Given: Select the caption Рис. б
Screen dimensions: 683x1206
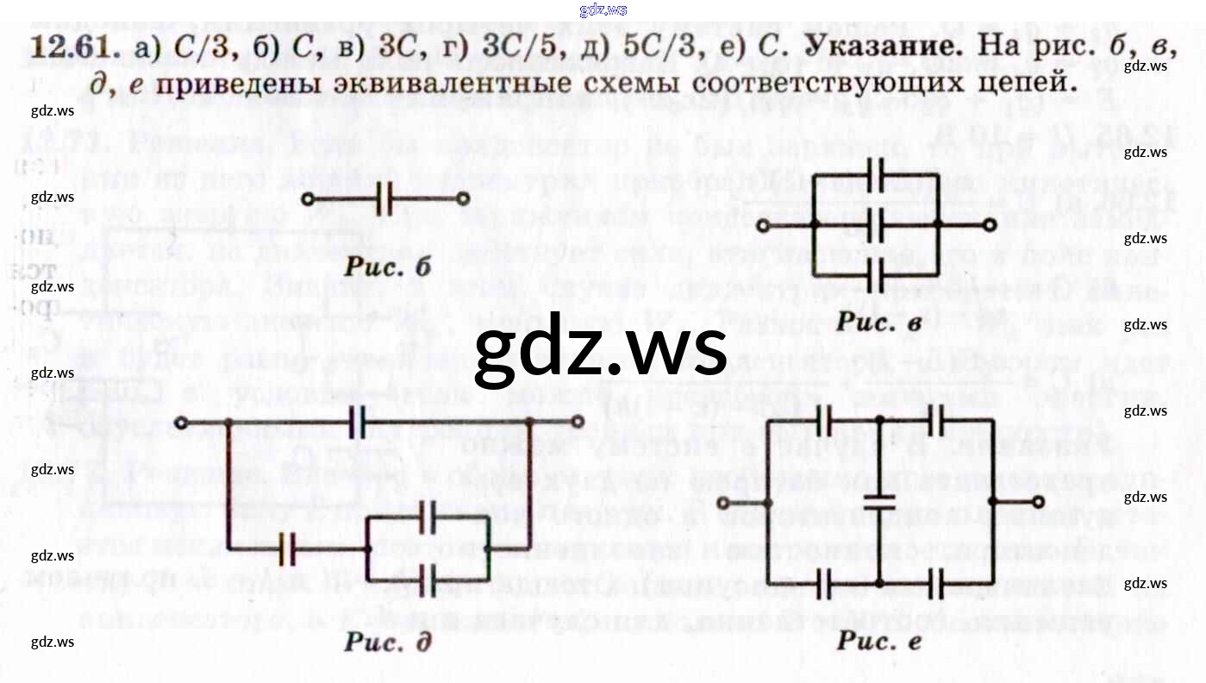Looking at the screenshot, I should (x=387, y=266).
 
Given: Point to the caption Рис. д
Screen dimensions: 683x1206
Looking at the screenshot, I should (x=387, y=642).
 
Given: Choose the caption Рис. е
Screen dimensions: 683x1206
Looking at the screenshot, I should (x=878, y=641).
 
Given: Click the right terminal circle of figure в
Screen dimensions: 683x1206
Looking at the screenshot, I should (x=990, y=225).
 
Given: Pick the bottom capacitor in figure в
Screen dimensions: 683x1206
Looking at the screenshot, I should (x=877, y=277).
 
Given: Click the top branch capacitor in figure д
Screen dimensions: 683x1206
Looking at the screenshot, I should (x=358, y=423).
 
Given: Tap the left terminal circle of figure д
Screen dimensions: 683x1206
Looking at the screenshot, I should (x=181, y=423).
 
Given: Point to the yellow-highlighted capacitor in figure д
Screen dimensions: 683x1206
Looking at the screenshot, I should (x=288, y=549).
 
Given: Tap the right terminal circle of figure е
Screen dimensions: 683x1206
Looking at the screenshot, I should (x=1038, y=501).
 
